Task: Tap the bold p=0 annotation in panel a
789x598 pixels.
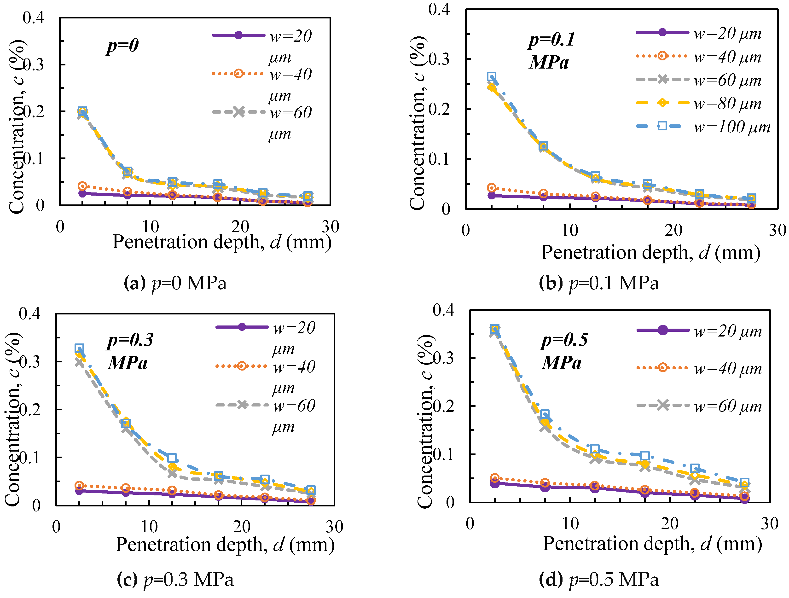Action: click(122, 46)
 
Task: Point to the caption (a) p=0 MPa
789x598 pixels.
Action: click(175, 283)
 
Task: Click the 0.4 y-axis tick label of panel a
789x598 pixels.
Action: click(34, 17)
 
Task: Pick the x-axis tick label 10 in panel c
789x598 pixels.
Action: click(149, 527)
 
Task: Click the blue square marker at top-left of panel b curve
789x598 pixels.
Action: click(492, 76)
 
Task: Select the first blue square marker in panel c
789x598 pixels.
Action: click(79, 348)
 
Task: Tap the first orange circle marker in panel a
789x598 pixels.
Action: click(82, 186)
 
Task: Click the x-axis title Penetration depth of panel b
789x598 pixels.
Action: click(651, 253)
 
